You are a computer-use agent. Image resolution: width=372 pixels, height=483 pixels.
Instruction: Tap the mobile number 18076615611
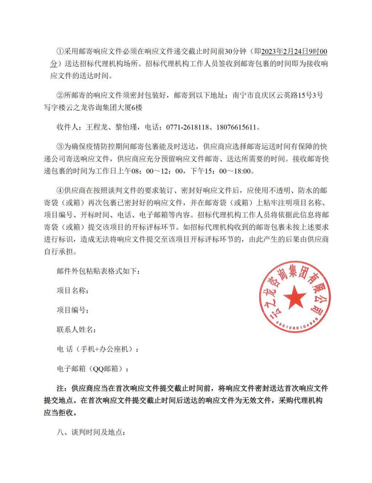[x=237, y=128]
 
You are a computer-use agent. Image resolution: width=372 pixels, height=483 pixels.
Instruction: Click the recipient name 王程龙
[x=95, y=128]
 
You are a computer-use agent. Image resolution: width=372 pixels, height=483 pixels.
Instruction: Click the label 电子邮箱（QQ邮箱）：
[x=93, y=369]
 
